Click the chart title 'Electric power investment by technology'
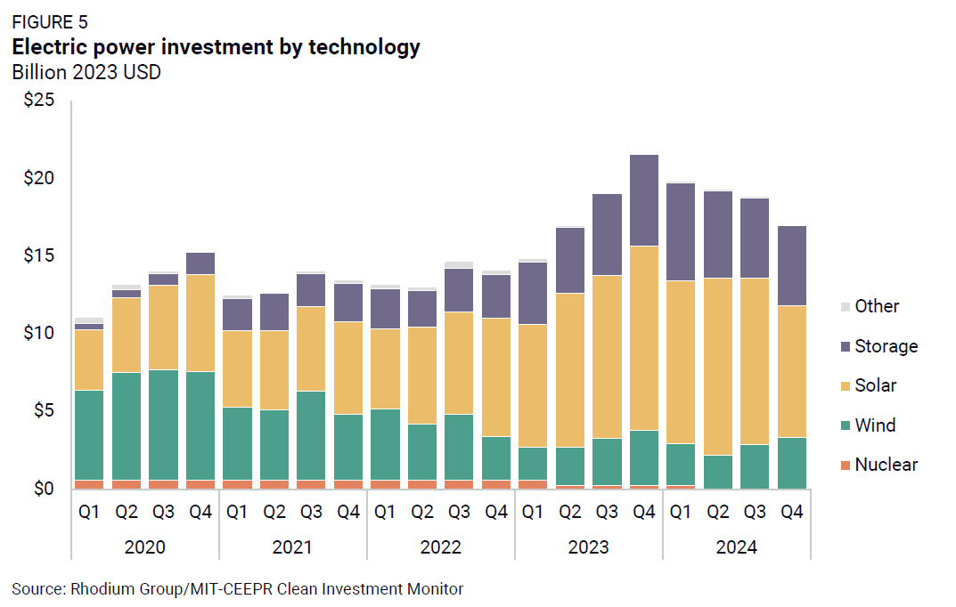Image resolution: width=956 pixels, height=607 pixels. coord(216,48)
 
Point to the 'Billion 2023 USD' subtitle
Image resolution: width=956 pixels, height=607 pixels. coord(86,73)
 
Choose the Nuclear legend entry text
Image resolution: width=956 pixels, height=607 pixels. coord(886,465)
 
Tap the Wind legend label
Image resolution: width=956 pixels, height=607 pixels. coord(875,425)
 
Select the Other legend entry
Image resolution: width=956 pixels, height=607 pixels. coord(877,306)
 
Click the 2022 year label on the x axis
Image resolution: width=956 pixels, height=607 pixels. coord(440,546)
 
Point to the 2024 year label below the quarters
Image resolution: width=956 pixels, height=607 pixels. coord(736,546)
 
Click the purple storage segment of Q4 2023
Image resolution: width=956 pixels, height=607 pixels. coord(644,200)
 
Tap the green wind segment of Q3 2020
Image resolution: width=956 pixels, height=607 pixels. coord(163,425)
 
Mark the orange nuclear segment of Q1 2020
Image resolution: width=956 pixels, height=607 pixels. coord(89,484)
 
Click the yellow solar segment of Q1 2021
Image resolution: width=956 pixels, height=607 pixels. coord(237,368)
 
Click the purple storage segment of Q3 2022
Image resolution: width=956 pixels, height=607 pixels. coord(459,290)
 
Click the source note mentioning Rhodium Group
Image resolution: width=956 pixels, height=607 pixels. coord(238,588)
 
